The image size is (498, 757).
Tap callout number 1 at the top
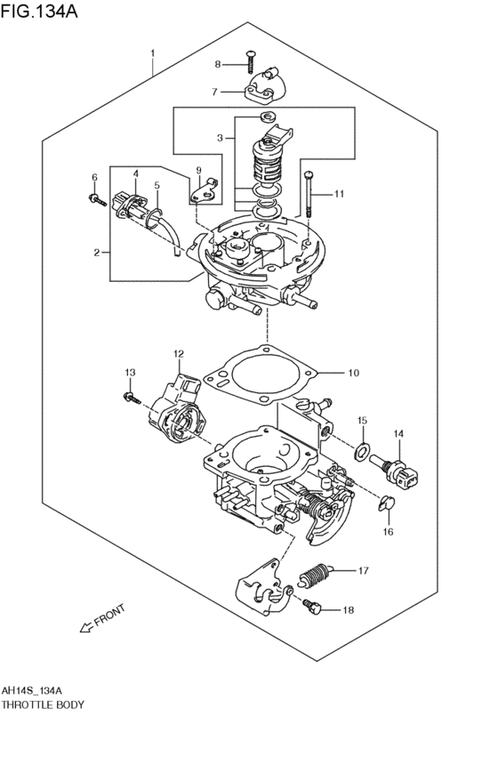pyautogui.click(x=152, y=52)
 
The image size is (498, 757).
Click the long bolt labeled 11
pyautogui.click(x=307, y=194)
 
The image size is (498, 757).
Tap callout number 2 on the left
pyautogui.click(x=96, y=253)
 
